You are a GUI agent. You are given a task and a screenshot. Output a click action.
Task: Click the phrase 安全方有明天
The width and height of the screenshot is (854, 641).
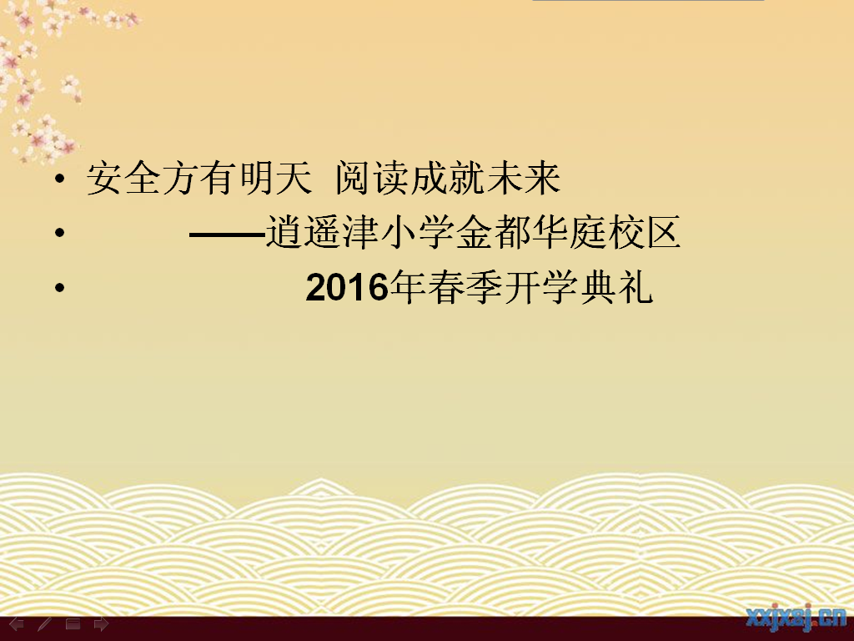(198, 178)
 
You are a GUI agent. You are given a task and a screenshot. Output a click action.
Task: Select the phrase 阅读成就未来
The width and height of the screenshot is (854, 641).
(448, 178)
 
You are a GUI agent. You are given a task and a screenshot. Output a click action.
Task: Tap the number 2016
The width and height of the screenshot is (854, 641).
(347, 288)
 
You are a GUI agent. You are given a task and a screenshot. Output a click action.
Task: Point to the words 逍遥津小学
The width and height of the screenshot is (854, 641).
(359, 232)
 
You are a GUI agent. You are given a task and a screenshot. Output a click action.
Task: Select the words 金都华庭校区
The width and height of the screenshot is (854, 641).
(568, 232)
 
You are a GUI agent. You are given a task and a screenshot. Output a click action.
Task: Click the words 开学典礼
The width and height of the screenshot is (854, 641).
(579, 287)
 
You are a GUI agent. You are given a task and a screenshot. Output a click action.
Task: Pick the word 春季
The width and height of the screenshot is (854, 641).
(465, 287)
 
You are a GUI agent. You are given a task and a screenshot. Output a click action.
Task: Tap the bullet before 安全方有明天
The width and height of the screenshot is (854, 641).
(59, 177)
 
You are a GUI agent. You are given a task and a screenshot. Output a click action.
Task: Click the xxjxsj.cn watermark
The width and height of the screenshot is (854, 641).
(796, 618)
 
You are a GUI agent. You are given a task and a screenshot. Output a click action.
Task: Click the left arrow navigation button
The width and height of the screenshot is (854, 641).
(17, 624)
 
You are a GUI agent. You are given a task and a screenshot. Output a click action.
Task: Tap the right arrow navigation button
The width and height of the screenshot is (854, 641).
(101, 624)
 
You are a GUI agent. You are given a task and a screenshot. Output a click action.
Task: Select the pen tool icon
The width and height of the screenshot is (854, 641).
(44, 624)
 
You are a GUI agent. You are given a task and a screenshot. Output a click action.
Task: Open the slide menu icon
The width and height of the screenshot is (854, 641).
(73, 624)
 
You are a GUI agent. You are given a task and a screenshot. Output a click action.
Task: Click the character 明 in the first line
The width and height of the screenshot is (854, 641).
(255, 178)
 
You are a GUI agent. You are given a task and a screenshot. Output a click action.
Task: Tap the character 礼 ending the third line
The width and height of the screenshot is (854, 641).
(635, 287)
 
